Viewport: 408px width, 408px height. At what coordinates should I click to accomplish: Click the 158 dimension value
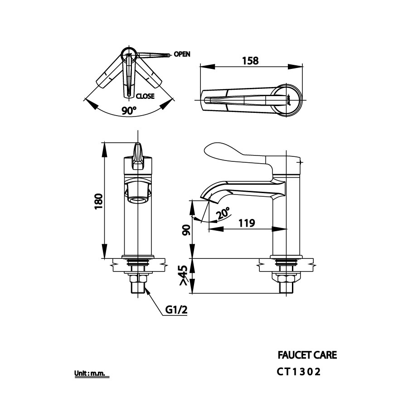click(250, 60)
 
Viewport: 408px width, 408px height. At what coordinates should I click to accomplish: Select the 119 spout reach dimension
click(247, 223)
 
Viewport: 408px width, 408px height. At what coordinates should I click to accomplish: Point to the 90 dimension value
click(186, 230)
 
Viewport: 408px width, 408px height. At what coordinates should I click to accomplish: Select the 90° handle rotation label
click(129, 110)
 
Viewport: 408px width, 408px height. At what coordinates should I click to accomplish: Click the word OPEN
click(182, 54)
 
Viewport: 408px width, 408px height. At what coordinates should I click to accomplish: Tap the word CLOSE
click(145, 96)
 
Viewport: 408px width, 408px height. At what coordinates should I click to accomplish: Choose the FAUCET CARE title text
click(307, 355)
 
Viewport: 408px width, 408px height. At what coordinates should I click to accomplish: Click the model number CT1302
click(299, 372)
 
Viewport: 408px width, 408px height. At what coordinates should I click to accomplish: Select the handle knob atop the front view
click(138, 154)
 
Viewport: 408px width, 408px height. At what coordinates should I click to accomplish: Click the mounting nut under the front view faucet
click(138, 277)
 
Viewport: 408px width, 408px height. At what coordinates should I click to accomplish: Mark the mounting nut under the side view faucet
click(286, 277)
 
